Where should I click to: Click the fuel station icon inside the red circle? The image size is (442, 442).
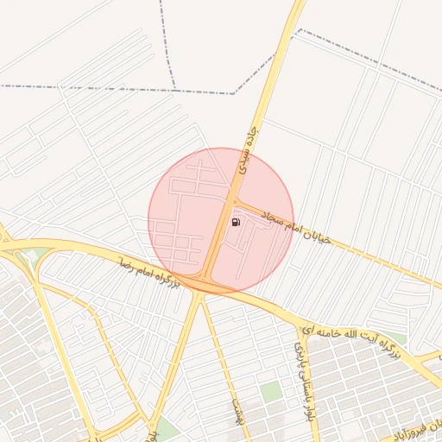pyautogui.click(x=236, y=222)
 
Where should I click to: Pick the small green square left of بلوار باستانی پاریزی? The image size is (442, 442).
pyautogui.click(x=271, y=391)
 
